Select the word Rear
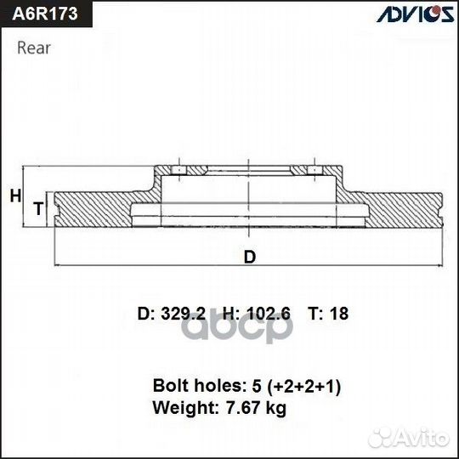[34, 48]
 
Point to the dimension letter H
[14, 196]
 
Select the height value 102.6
[268, 314]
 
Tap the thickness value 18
[339, 314]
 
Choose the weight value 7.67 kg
[254, 408]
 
